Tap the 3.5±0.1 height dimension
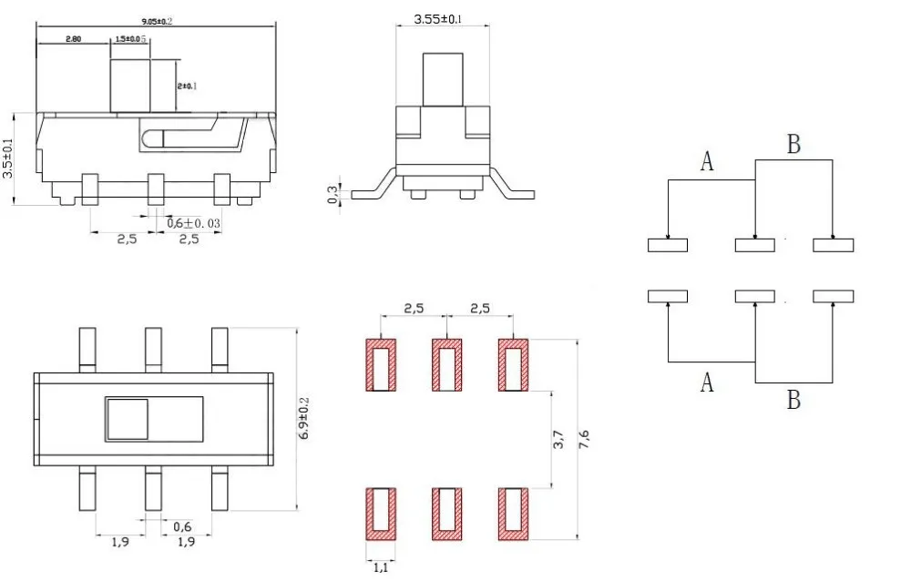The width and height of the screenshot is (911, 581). [x=8, y=158]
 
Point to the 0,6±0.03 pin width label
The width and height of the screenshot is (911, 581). [x=194, y=222]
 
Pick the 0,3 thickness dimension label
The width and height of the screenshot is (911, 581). [x=333, y=194]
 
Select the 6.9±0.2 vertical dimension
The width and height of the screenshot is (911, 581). [x=304, y=420]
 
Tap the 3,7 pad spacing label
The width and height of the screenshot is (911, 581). [x=559, y=440]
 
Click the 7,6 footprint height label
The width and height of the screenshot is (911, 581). [x=585, y=440]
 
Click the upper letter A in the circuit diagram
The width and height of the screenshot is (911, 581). [x=707, y=161]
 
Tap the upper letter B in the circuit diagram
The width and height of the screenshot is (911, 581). [x=793, y=144]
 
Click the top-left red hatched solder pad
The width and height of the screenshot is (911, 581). [x=381, y=365]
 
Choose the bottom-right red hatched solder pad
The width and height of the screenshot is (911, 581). [x=513, y=514]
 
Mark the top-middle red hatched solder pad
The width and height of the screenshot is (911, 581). [x=446, y=365]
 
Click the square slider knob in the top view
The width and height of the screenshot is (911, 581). [x=127, y=419]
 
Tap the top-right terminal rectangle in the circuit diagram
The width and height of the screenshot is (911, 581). [x=833, y=245]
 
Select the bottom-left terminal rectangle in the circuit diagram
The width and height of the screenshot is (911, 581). [x=668, y=296]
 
